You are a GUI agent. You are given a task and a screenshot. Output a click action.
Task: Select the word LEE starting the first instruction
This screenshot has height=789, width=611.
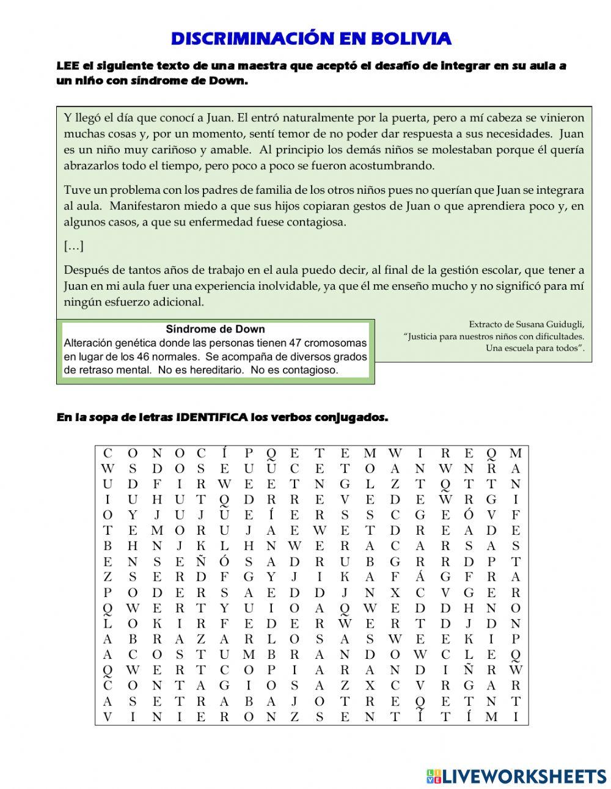(x=67, y=66)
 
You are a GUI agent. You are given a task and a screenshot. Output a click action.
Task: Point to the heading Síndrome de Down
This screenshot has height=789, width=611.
(x=215, y=329)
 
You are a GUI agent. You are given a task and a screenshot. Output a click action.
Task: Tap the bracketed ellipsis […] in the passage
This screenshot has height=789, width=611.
(x=73, y=246)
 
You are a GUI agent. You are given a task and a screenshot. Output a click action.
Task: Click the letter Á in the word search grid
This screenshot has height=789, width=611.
(x=419, y=577)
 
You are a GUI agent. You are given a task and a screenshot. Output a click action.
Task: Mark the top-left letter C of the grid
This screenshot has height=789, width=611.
(x=108, y=453)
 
